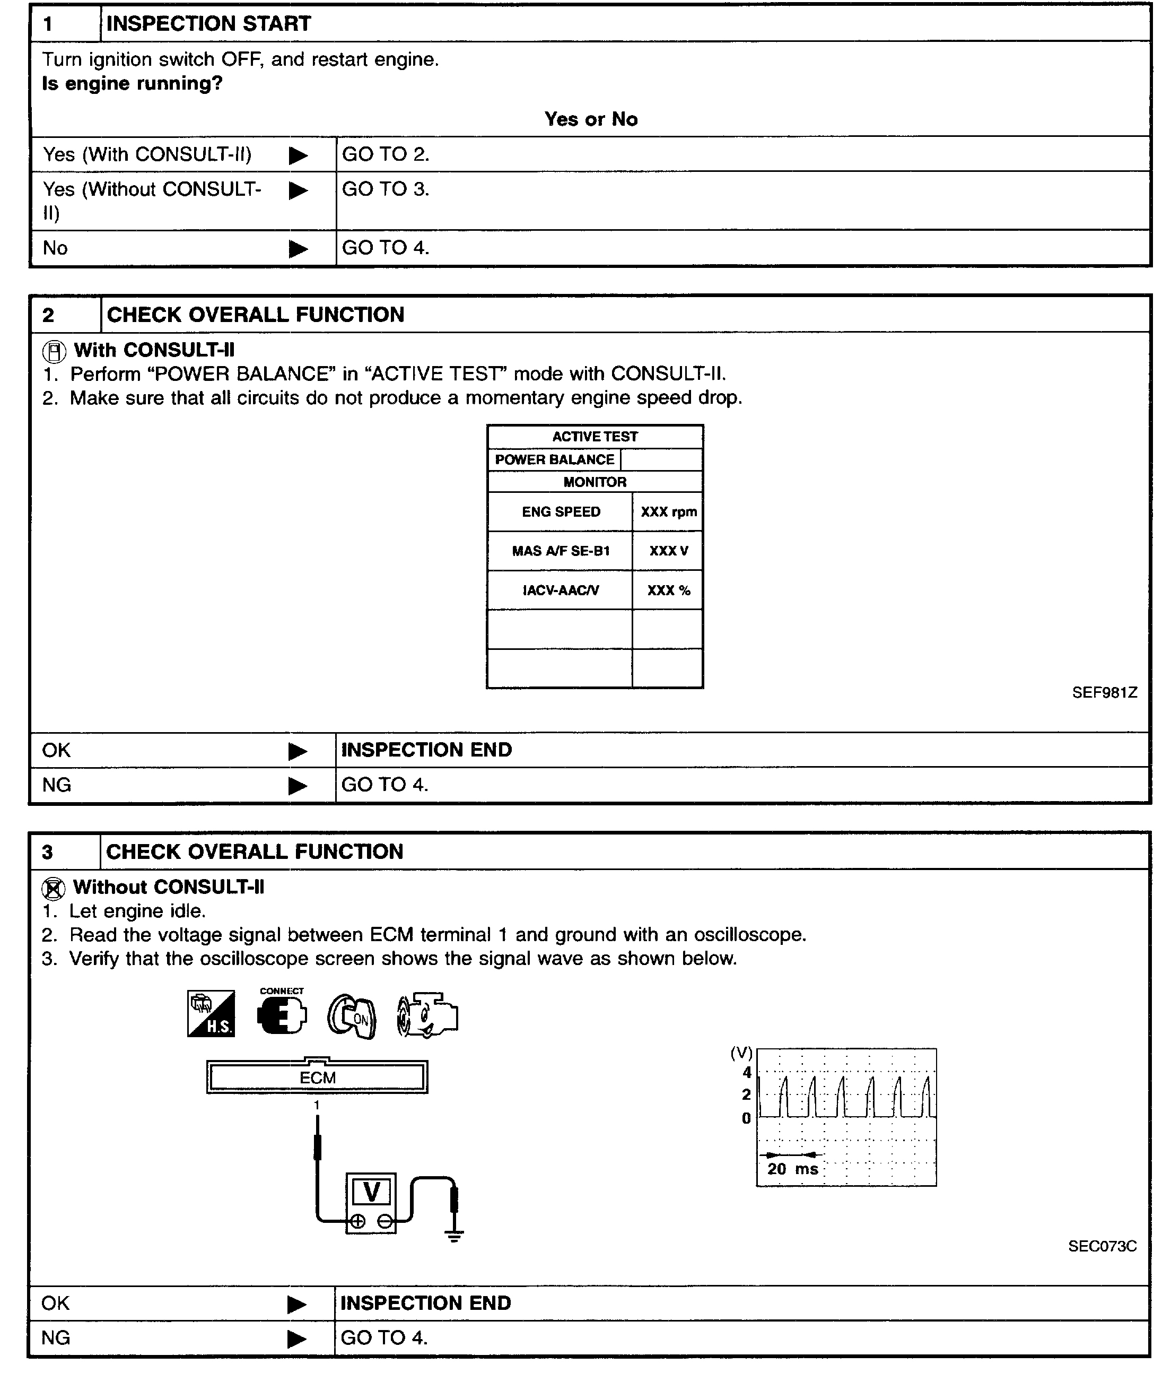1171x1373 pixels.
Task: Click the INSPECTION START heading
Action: click(208, 24)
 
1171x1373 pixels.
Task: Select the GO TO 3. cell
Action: click(386, 189)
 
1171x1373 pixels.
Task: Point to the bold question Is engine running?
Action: click(132, 83)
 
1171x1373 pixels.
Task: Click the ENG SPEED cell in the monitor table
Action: click(561, 511)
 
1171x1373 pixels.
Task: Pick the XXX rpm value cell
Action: click(668, 511)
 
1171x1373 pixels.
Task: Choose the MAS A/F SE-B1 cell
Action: click(561, 551)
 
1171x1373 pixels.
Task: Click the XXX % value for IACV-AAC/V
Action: click(668, 590)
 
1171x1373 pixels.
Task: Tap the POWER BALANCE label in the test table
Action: click(554, 460)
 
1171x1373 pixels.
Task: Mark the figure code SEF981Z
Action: click(1104, 692)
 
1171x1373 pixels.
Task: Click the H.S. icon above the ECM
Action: click(211, 1014)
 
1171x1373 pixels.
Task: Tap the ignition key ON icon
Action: click(352, 1016)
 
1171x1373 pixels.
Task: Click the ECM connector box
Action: click(317, 1077)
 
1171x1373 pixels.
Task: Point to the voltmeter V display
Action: click(372, 1192)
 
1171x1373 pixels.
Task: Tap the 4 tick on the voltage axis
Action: click(746, 1072)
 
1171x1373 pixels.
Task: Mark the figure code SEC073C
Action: click(1102, 1246)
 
